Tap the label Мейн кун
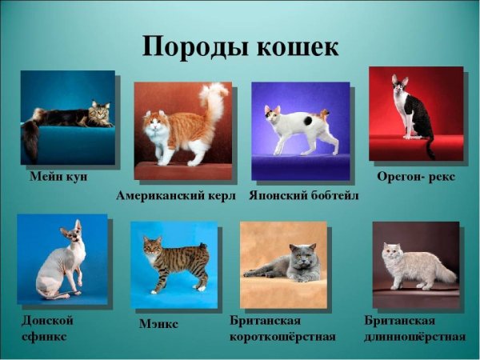pyautogui.click(x=58, y=176)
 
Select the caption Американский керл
pyautogui.click(x=176, y=194)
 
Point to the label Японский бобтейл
pyautogui.click(x=304, y=194)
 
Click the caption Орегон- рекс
pyautogui.click(x=416, y=176)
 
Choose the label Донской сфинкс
pyautogui.click(x=48, y=328)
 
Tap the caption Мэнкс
pyautogui.click(x=159, y=324)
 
